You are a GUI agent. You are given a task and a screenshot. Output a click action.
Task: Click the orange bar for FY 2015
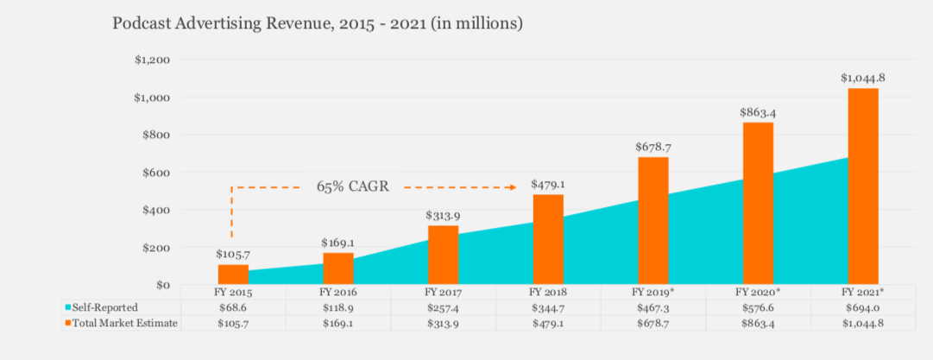[x=233, y=275]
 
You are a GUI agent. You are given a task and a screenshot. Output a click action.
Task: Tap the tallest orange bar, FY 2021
[x=863, y=186]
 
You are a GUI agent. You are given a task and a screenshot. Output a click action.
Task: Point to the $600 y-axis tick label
[x=155, y=172]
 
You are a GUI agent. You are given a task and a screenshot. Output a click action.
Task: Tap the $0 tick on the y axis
[x=162, y=284]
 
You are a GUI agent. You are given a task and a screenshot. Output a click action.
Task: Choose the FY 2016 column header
[x=338, y=293]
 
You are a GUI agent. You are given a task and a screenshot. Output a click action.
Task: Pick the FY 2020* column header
[x=758, y=293]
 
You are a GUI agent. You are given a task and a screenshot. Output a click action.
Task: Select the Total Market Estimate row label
[x=122, y=322]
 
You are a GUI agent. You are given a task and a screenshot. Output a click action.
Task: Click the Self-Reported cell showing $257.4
[x=443, y=307]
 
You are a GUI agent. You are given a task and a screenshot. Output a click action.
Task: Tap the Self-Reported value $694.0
[x=863, y=307]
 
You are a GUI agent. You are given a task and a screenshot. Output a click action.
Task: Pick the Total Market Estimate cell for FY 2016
[x=338, y=322]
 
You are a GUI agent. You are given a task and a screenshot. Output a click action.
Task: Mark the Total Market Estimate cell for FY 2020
[x=758, y=322]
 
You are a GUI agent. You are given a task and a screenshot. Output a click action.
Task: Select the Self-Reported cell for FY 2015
[x=233, y=307]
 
